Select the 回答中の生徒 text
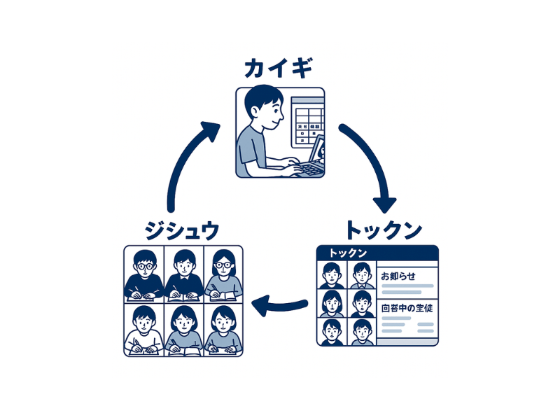tap(408, 307)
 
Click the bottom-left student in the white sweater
tap(143, 329)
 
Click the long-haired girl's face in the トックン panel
tap(331, 302)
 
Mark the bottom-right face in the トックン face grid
tap(361, 330)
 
